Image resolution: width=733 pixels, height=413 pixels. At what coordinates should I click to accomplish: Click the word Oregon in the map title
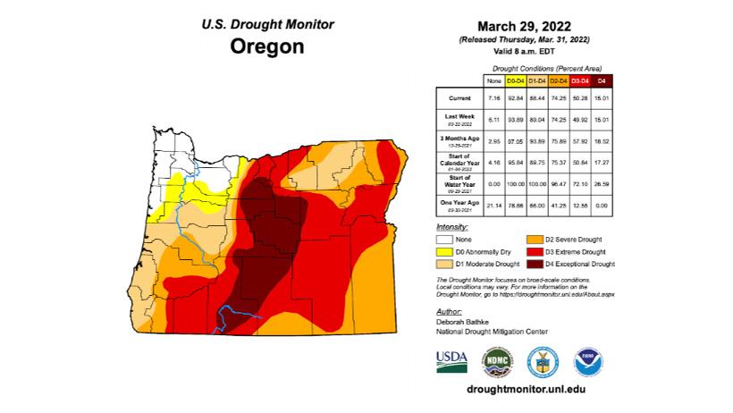click(266, 46)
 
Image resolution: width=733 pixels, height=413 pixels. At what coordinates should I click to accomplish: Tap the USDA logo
click(451, 359)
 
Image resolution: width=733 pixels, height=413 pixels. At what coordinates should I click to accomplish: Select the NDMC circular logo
click(497, 361)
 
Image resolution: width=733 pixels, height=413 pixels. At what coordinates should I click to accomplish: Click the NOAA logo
click(588, 361)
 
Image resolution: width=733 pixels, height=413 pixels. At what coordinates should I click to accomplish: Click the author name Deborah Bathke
click(467, 321)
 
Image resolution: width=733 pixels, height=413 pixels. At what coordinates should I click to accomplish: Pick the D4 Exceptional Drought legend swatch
click(534, 265)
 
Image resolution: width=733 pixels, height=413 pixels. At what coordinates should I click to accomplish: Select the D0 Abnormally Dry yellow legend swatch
click(444, 252)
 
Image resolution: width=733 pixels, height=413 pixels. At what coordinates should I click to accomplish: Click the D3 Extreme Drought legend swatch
click(534, 252)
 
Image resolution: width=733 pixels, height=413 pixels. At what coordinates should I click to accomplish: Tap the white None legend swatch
click(444, 240)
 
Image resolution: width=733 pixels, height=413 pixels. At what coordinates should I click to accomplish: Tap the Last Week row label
click(454, 115)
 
